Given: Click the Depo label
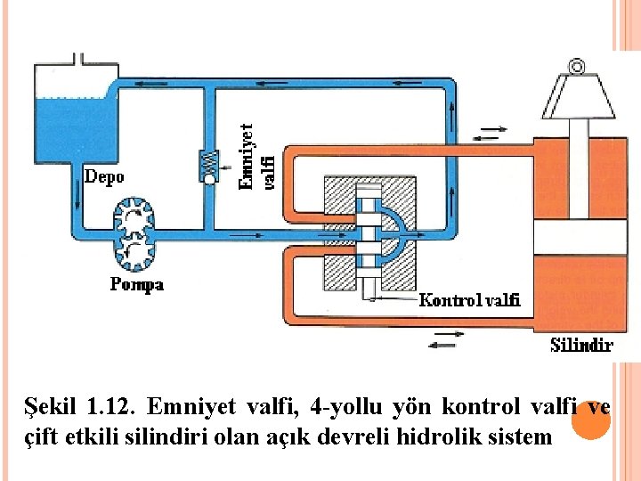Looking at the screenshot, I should click(104, 175).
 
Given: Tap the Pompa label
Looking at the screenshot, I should click(136, 285).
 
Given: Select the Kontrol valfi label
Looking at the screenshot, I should click(469, 299).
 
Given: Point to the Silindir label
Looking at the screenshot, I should click(580, 345).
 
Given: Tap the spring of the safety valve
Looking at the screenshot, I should click(208, 162).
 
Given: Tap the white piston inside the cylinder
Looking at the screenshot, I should click(576, 236).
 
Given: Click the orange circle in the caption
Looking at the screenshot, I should click(588, 420).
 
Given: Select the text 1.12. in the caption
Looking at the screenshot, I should click(109, 408).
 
